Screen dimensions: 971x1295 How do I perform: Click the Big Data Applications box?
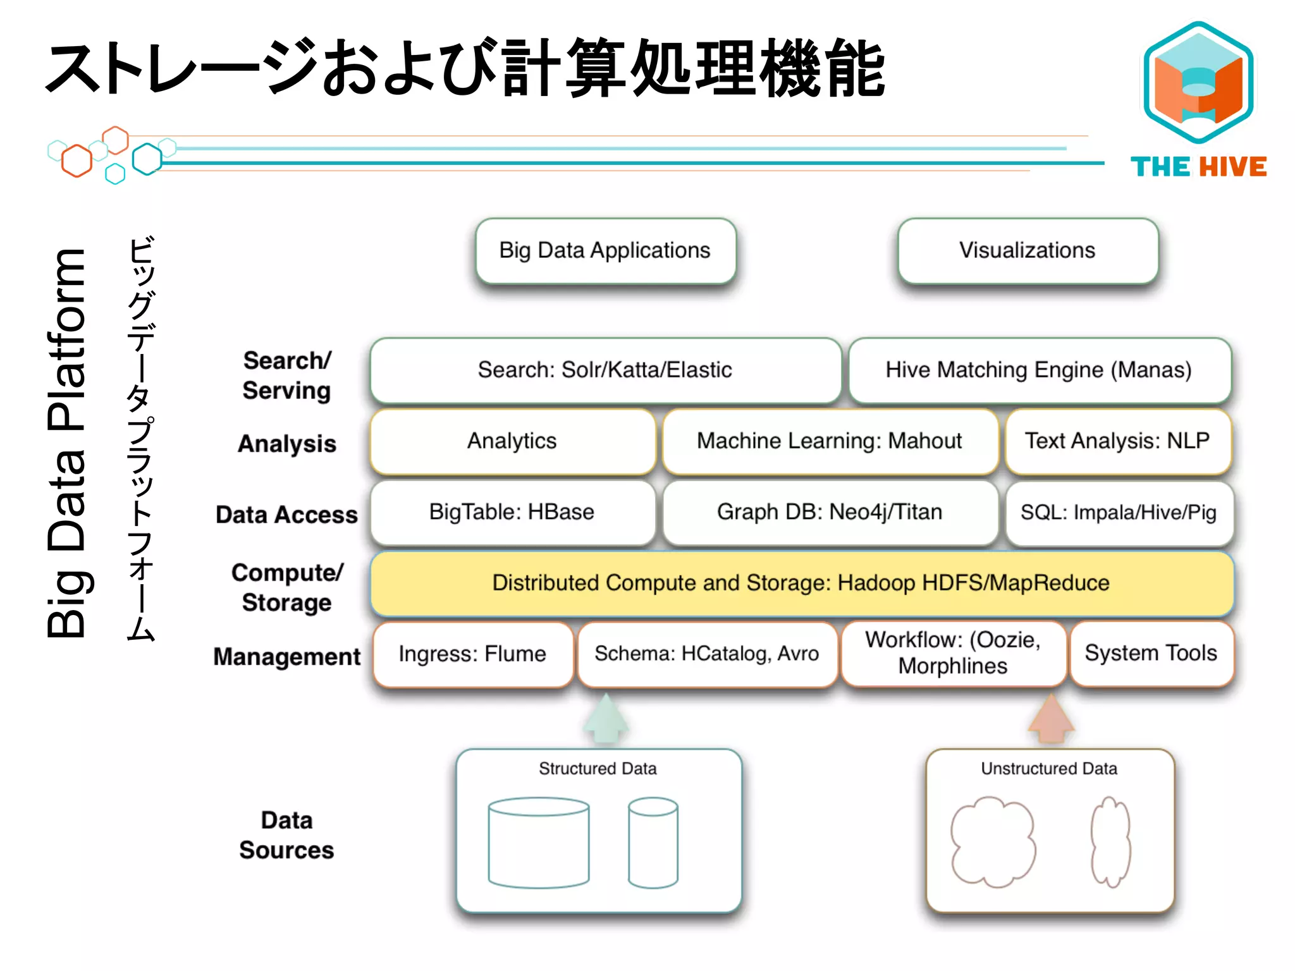click(605, 251)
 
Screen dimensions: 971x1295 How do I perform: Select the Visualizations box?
click(1028, 251)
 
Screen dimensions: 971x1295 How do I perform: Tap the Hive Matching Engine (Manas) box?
click(1039, 370)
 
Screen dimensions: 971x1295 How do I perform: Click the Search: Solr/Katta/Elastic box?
click(605, 370)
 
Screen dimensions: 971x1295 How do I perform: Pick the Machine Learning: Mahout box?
click(829, 441)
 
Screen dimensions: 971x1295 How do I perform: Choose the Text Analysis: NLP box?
click(1117, 441)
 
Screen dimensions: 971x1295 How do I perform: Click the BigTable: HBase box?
click(512, 512)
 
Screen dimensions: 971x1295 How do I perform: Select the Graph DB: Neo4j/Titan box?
click(829, 512)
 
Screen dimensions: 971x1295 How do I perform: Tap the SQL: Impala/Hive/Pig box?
click(1119, 512)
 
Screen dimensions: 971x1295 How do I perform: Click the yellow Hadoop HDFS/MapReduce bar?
click(801, 583)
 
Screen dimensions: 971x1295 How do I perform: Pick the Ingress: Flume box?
click(472, 654)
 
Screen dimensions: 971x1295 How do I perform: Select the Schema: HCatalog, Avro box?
click(706, 654)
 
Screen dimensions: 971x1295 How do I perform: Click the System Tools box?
click(1151, 653)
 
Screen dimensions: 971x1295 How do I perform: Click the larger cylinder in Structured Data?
click(539, 843)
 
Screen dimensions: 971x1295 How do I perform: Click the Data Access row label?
click(286, 515)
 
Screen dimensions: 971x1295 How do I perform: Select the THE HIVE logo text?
click(1198, 167)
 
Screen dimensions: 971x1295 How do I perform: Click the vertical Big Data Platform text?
click(66, 443)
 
